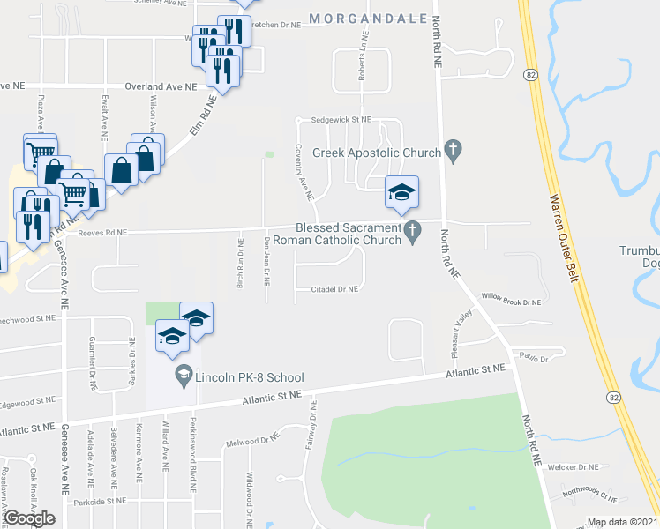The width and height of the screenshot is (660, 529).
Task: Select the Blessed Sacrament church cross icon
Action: pyautogui.click(x=412, y=233)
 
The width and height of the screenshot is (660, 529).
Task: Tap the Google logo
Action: pyautogui.click(x=29, y=518)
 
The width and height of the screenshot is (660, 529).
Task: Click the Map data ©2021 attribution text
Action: pyautogui.click(x=622, y=522)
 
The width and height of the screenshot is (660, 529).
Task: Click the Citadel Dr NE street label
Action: pyautogui.click(x=334, y=288)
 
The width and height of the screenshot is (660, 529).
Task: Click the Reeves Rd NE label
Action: pyautogui.click(x=102, y=233)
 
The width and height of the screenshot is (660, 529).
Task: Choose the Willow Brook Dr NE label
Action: pyautogui.click(x=510, y=302)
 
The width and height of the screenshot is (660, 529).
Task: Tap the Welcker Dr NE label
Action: pyautogui.click(x=574, y=466)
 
